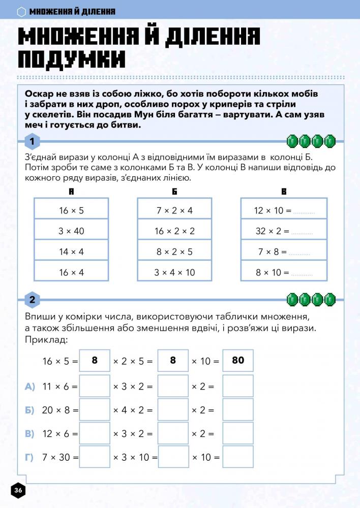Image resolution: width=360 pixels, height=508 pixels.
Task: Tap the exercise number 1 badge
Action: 32,141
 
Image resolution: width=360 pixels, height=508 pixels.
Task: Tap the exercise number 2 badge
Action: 32,300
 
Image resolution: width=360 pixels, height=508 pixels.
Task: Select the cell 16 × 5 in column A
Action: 71,210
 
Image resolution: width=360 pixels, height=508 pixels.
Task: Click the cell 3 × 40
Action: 71,231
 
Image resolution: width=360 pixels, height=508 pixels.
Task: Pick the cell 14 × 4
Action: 71,251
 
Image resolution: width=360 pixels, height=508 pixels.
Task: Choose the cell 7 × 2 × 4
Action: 174,210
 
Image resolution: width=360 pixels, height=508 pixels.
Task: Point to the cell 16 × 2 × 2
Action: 174,231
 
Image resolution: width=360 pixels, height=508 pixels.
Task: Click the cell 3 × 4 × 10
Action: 174,272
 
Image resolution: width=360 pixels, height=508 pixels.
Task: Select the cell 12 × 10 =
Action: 284,210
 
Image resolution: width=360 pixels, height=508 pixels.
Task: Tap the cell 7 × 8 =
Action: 284,251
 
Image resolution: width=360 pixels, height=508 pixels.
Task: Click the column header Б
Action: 174,192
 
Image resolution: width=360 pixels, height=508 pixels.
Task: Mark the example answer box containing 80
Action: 237,360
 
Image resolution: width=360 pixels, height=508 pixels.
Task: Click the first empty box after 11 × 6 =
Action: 95,386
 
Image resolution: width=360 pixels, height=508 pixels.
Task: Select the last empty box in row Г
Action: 237,457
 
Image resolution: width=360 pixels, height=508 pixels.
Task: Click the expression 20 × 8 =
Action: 60,410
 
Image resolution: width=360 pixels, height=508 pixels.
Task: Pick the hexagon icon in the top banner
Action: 21,11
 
